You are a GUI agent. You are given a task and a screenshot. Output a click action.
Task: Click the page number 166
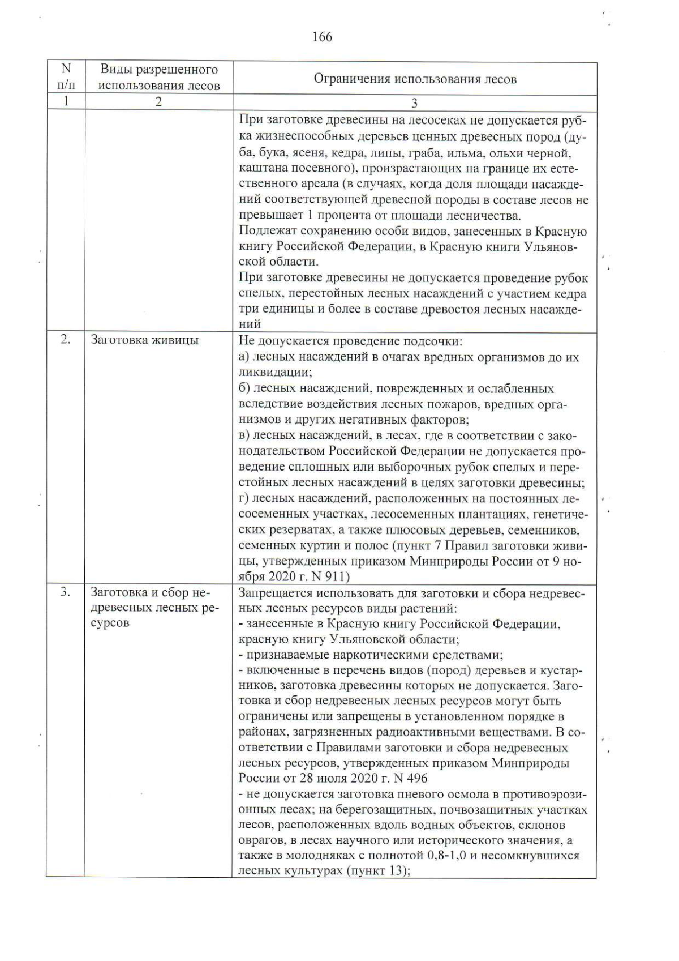[322, 37]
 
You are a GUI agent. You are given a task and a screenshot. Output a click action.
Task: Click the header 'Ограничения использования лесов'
[415, 79]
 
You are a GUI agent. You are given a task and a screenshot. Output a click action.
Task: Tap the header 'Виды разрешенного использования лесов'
[159, 78]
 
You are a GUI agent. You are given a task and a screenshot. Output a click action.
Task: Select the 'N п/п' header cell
[66, 77]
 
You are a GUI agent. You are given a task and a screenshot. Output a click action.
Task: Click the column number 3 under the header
[415, 103]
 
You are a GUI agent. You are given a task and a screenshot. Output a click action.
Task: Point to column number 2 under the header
[159, 102]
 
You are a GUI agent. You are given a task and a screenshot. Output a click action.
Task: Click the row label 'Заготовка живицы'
[145, 340]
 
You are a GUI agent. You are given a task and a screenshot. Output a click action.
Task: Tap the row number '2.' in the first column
[66, 340]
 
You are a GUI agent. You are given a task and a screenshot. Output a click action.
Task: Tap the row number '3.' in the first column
[66, 592]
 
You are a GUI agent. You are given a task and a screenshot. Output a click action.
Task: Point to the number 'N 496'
[407, 778]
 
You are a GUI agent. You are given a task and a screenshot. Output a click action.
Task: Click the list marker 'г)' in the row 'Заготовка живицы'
[244, 499]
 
